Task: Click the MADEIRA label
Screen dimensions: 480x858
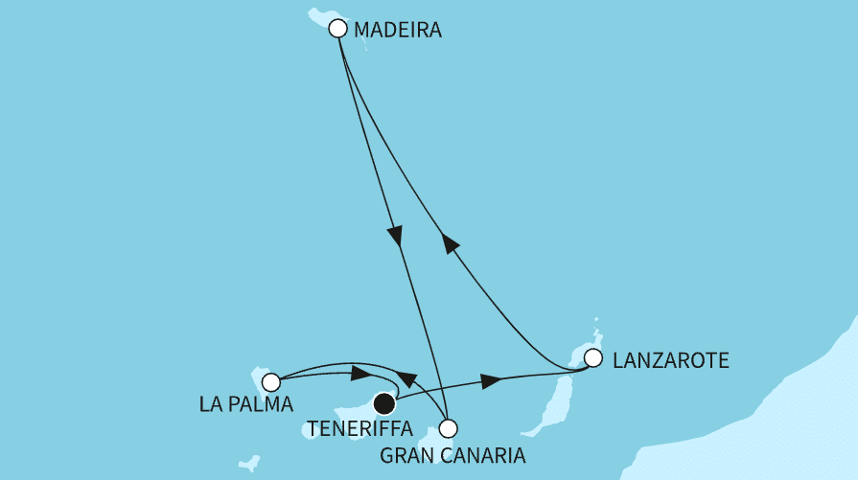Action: click(x=397, y=31)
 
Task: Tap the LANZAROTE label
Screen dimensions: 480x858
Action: click(x=670, y=361)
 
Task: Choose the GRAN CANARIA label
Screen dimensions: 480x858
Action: click(x=452, y=454)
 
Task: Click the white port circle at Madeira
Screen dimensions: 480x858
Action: click(x=336, y=29)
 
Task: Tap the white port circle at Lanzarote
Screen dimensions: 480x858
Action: click(x=593, y=359)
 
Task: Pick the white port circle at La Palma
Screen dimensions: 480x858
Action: click(x=271, y=382)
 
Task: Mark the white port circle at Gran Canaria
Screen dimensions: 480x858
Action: click(x=448, y=428)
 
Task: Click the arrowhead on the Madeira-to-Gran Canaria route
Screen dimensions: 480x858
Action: click(x=394, y=236)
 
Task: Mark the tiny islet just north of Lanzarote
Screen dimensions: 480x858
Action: click(x=596, y=320)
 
